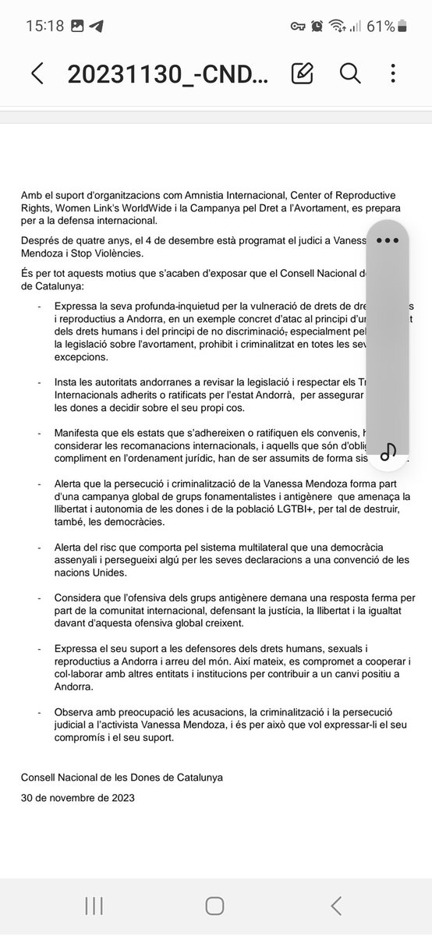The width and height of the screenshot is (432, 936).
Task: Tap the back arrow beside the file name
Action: coord(37,73)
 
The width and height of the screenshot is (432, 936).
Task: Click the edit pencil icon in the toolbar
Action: coord(302,73)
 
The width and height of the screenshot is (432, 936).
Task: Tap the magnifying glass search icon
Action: coord(350,73)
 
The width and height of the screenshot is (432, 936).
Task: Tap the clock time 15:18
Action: coord(44,26)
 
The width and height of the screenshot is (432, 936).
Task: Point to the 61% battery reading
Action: coord(381,26)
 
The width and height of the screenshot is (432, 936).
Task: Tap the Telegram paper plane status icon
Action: coord(96,26)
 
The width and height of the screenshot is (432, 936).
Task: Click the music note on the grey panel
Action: coord(388,451)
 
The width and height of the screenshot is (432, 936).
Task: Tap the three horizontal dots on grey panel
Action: coord(388,240)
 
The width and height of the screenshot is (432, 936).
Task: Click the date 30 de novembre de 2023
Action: coord(78,797)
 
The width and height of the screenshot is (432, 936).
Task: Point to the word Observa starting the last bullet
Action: coord(77,712)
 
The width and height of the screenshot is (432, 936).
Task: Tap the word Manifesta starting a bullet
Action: coord(81,432)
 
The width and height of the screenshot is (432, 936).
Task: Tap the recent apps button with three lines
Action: coord(94,906)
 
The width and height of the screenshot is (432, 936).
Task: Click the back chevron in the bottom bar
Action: coord(336,906)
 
